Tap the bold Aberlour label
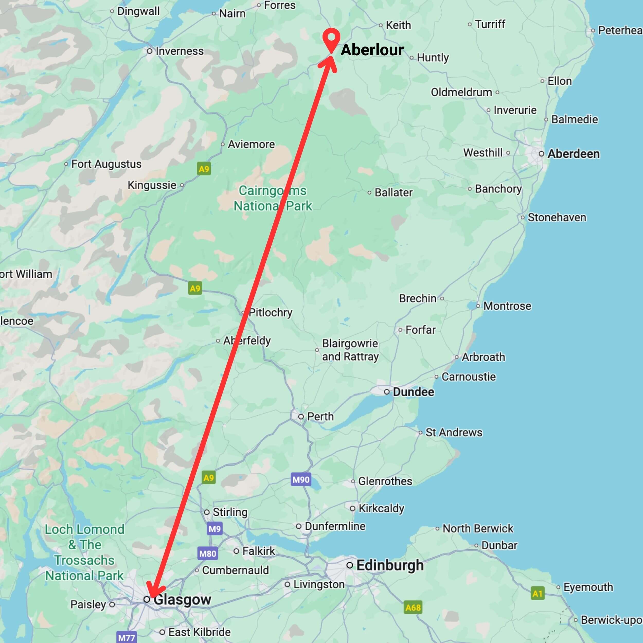(x=372, y=50)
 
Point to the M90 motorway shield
(x=301, y=480)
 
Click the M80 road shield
(x=208, y=553)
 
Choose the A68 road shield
(x=413, y=608)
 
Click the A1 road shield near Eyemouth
(x=537, y=593)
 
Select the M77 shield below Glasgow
(x=127, y=638)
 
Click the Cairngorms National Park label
(x=273, y=198)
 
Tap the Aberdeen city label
(x=574, y=154)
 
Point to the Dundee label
(x=413, y=392)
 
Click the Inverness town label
(x=179, y=51)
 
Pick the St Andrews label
(x=454, y=432)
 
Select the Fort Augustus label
(x=106, y=164)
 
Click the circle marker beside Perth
(x=301, y=416)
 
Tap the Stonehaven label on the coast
(x=557, y=217)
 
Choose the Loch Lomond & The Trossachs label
(x=85, y=552)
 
